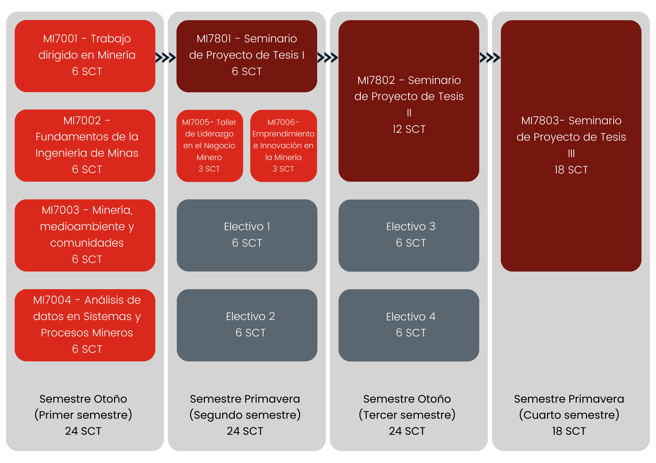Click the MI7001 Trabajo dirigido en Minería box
(x=85, y=56)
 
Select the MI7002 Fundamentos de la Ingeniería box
(x=85, y=146)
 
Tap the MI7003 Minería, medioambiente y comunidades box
(x=85, y=235)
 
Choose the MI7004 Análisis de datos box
(x=85, y=325)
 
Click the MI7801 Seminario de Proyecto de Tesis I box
(x=247, y=56)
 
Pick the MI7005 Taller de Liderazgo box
(x=210, y=146)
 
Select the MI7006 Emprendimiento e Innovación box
(x=283, y=146)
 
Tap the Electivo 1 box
(x=247, y=235)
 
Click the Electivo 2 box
(x=247, y=325)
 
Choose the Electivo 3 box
(x=409, y=235)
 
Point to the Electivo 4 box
(x=409, y=325)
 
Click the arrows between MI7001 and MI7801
(x=166, y=58)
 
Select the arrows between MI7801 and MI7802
(x=328, y=58)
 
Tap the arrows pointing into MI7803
(x=490, y=58)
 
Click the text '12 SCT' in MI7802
(x=409, y=129)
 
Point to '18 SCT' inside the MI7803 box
(x=571, y=170)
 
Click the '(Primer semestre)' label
(x=83, y=415)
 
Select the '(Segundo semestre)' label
(x=245, y=415)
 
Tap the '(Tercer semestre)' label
(x=407, y=415)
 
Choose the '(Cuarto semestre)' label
(x=569, y=415)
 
